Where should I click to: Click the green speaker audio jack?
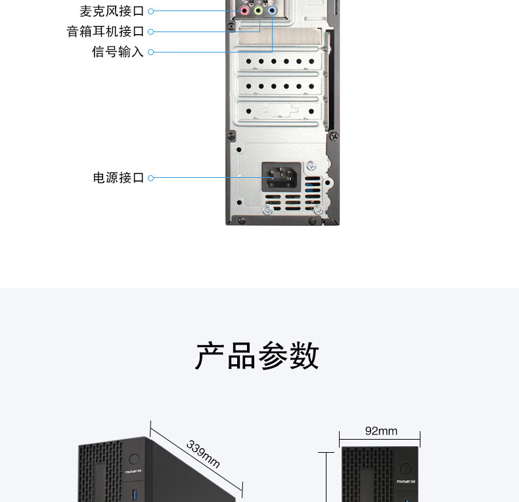pyautogui.click(x=258, y=10)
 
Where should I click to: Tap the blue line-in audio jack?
pyautogui.click(x=271, y=10)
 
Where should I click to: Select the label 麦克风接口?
pyautogui.click(x=112, y=11)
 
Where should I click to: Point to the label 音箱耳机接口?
pyautogui.click(x=105, y=31)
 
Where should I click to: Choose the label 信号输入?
pyautogui.click(x=118, y=52)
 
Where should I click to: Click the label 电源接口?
pyautogui.click(x=118, y=178)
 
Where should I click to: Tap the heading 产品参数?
pyautogui.click(x=258, y=356)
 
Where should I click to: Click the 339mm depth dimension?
pyautogui.click(x=203, y=454)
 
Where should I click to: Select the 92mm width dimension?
pyautogui.click(x=381, y=431)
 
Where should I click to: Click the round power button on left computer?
pyautogui.click(x=135, y=459)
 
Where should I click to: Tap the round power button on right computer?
pyautogui.click(x=406, y=469)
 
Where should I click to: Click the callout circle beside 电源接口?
pyautogui.click(x=150, y=178)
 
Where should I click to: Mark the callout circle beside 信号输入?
pyautogui.click(x=150, y=52)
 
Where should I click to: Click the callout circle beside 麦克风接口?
pyautogui.click(x=150, y=11)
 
